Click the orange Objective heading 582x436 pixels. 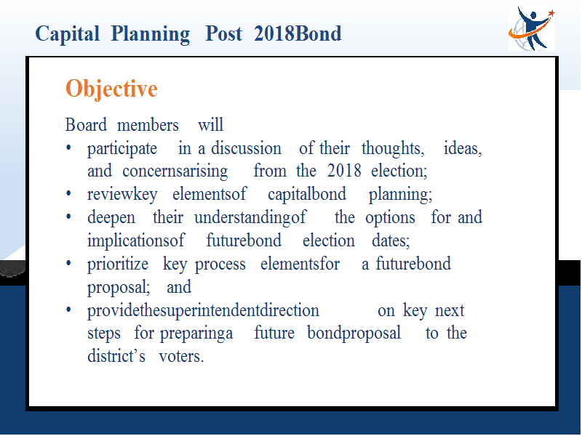pos(111,89)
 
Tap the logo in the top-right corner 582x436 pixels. pos(532,28)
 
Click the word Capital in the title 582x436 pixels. pos(67,34)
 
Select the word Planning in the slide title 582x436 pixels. pos(151,34)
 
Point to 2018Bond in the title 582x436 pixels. pos(298,33)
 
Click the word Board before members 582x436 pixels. pos(86,124)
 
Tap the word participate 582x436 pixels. pos(122,149)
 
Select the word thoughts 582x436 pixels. pos(393,148)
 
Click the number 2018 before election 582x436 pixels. pos(344,171)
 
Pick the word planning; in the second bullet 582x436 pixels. pos(401,195)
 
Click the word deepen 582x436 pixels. pos(111,218)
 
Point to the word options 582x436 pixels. pos(390,218)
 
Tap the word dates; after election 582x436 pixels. pos(391,241)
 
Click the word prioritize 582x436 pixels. pos(118,265)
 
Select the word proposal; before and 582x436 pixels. pos(119,288)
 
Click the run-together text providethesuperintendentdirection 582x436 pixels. pos(203,311)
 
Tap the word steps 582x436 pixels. pos(104,334)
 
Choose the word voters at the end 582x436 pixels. pos(181,356)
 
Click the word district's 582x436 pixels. pos(116,356)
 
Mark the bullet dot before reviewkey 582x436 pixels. pos(68,194)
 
